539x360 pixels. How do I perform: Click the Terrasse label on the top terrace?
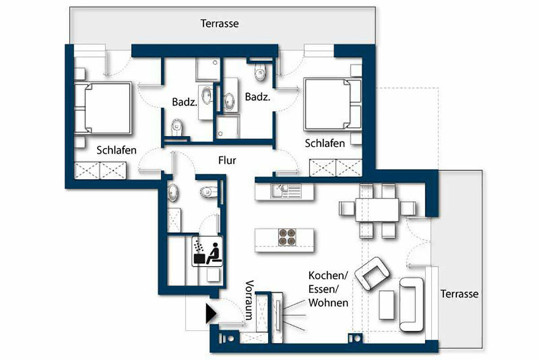pyautogui.click(x=220, y=24)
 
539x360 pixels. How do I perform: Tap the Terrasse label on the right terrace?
pyautogui.click(x=459, y=294)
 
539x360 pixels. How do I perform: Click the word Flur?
pyautogui.click(x=227, y=160)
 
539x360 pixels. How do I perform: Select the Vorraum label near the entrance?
pyautogui.click(x=250, y=300)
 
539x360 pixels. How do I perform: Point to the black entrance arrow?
pyautogui.click(x=211, y=313)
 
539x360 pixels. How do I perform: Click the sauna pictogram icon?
pyautogui.click(x=207, y=251)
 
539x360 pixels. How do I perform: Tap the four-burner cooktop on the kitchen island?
pyautogui.click(x=287, y=237)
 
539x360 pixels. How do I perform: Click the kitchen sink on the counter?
pyautogui.click(x=278, y=191)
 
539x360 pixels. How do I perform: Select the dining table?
pyautogui.click(x=377, y=210)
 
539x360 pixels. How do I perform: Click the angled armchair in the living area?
pyautogui.click(x=372, y=273)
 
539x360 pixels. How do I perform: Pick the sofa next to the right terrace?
pyautogui.click(x=411, y=305)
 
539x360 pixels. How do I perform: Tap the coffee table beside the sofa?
pyautogui.click(x=386, y=305)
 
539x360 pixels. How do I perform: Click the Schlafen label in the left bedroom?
pyautogui.click(x=116, y=150)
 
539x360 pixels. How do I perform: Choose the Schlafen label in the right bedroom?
pyautogui.click(x=325, y=143)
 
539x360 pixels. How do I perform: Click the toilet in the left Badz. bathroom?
pyautogui.click(x=177, y=127)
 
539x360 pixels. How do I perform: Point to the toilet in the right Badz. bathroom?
pyautogui.click(x=260, y=72)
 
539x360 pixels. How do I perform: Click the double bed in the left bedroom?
pyautogui.click(x=103, y=108)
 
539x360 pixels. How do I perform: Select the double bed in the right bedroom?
pyautogui.click(x=333, y=104)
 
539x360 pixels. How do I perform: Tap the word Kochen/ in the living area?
pyautogui.click(x=328, y=276)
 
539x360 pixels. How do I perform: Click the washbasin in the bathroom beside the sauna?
pyautogui.click(x=172, y=192)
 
